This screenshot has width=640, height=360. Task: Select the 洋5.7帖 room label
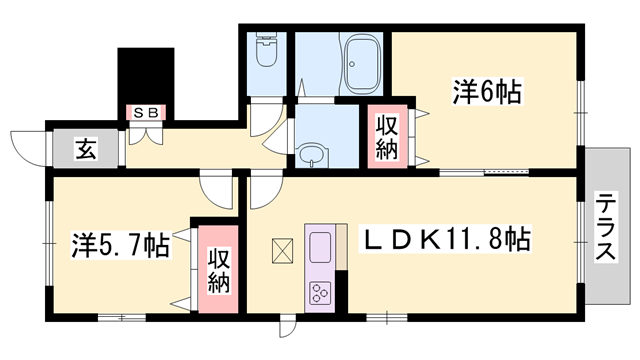coord(119,243)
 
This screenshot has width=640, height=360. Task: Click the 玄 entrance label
coord(86,151)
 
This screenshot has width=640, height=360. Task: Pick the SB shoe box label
coord(146,114)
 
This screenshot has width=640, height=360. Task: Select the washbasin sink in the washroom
coord(312,155)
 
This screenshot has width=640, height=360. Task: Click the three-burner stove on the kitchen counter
coord(322,293)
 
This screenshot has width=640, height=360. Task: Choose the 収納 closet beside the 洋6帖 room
coord(387,137)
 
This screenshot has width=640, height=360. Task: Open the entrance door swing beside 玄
coord(27,148)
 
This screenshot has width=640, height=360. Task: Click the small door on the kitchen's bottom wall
coord(288,326)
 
